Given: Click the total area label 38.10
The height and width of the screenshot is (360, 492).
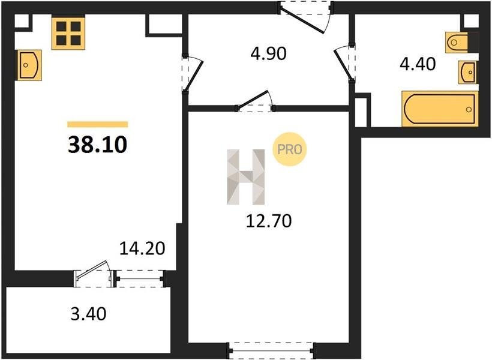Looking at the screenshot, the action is coord(98,145).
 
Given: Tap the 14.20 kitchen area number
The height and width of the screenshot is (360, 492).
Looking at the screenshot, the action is coord(142,248).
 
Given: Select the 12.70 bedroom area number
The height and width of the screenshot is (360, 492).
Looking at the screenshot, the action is coord(269,221).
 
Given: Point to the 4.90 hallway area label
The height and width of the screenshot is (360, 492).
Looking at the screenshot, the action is coord(268,53).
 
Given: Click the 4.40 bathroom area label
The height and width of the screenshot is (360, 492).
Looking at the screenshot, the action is coord(418,64).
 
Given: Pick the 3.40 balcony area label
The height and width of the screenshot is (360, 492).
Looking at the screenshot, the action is coord(88,314).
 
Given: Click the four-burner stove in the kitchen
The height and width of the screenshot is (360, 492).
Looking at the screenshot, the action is coord(68,33).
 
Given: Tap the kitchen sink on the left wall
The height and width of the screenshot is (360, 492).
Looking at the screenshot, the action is coord(29,65).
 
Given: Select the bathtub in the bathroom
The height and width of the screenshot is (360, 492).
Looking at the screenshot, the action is coord(440,109).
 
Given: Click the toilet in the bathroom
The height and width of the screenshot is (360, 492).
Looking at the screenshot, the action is coord(461,42).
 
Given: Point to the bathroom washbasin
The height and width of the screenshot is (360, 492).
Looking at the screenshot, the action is coord(467,73).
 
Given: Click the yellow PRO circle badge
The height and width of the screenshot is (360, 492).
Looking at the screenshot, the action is coord(289,149).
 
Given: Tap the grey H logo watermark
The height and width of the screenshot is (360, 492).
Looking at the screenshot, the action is coord(245,177).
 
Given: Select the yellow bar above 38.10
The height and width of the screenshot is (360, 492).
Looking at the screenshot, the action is coord(98,124).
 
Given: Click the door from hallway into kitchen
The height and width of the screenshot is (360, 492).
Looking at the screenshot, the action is coord(191,74).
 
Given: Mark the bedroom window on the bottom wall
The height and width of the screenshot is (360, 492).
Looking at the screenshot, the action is coord(271,350).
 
